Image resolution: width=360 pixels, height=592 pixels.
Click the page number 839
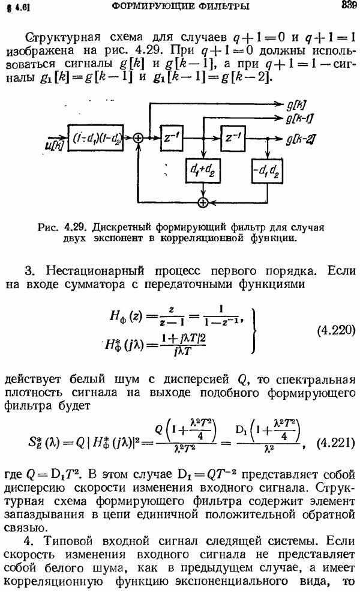click(x=349, y=5)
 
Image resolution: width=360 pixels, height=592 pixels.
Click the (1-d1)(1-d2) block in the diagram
click(x=95, y=138)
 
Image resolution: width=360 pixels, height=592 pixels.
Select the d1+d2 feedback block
click(x=203, y=171)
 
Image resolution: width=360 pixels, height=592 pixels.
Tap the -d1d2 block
click(x=267, y=171)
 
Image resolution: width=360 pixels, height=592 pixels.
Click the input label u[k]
click(x=55, y=145)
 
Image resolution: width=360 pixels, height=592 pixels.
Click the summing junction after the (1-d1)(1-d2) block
click(x=139, y=138)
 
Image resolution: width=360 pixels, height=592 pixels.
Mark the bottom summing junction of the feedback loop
click(x=203, y=202)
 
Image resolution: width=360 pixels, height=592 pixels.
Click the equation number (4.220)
click(x=336, y=330)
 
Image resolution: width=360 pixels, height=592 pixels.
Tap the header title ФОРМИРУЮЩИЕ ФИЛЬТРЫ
click(x=181, y=5)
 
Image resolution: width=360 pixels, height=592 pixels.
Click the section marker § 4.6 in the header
click(x=19, y=7)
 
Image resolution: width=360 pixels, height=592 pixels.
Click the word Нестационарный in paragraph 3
click(x=95, y=271)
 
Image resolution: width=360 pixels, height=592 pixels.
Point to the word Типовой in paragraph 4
click(x=68, y=541)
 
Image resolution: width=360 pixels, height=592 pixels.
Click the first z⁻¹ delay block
click(x=172, y=138)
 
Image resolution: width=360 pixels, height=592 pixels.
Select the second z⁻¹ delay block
click(x=233, y=138)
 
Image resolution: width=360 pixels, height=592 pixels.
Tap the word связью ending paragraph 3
click(x=25, y=528)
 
